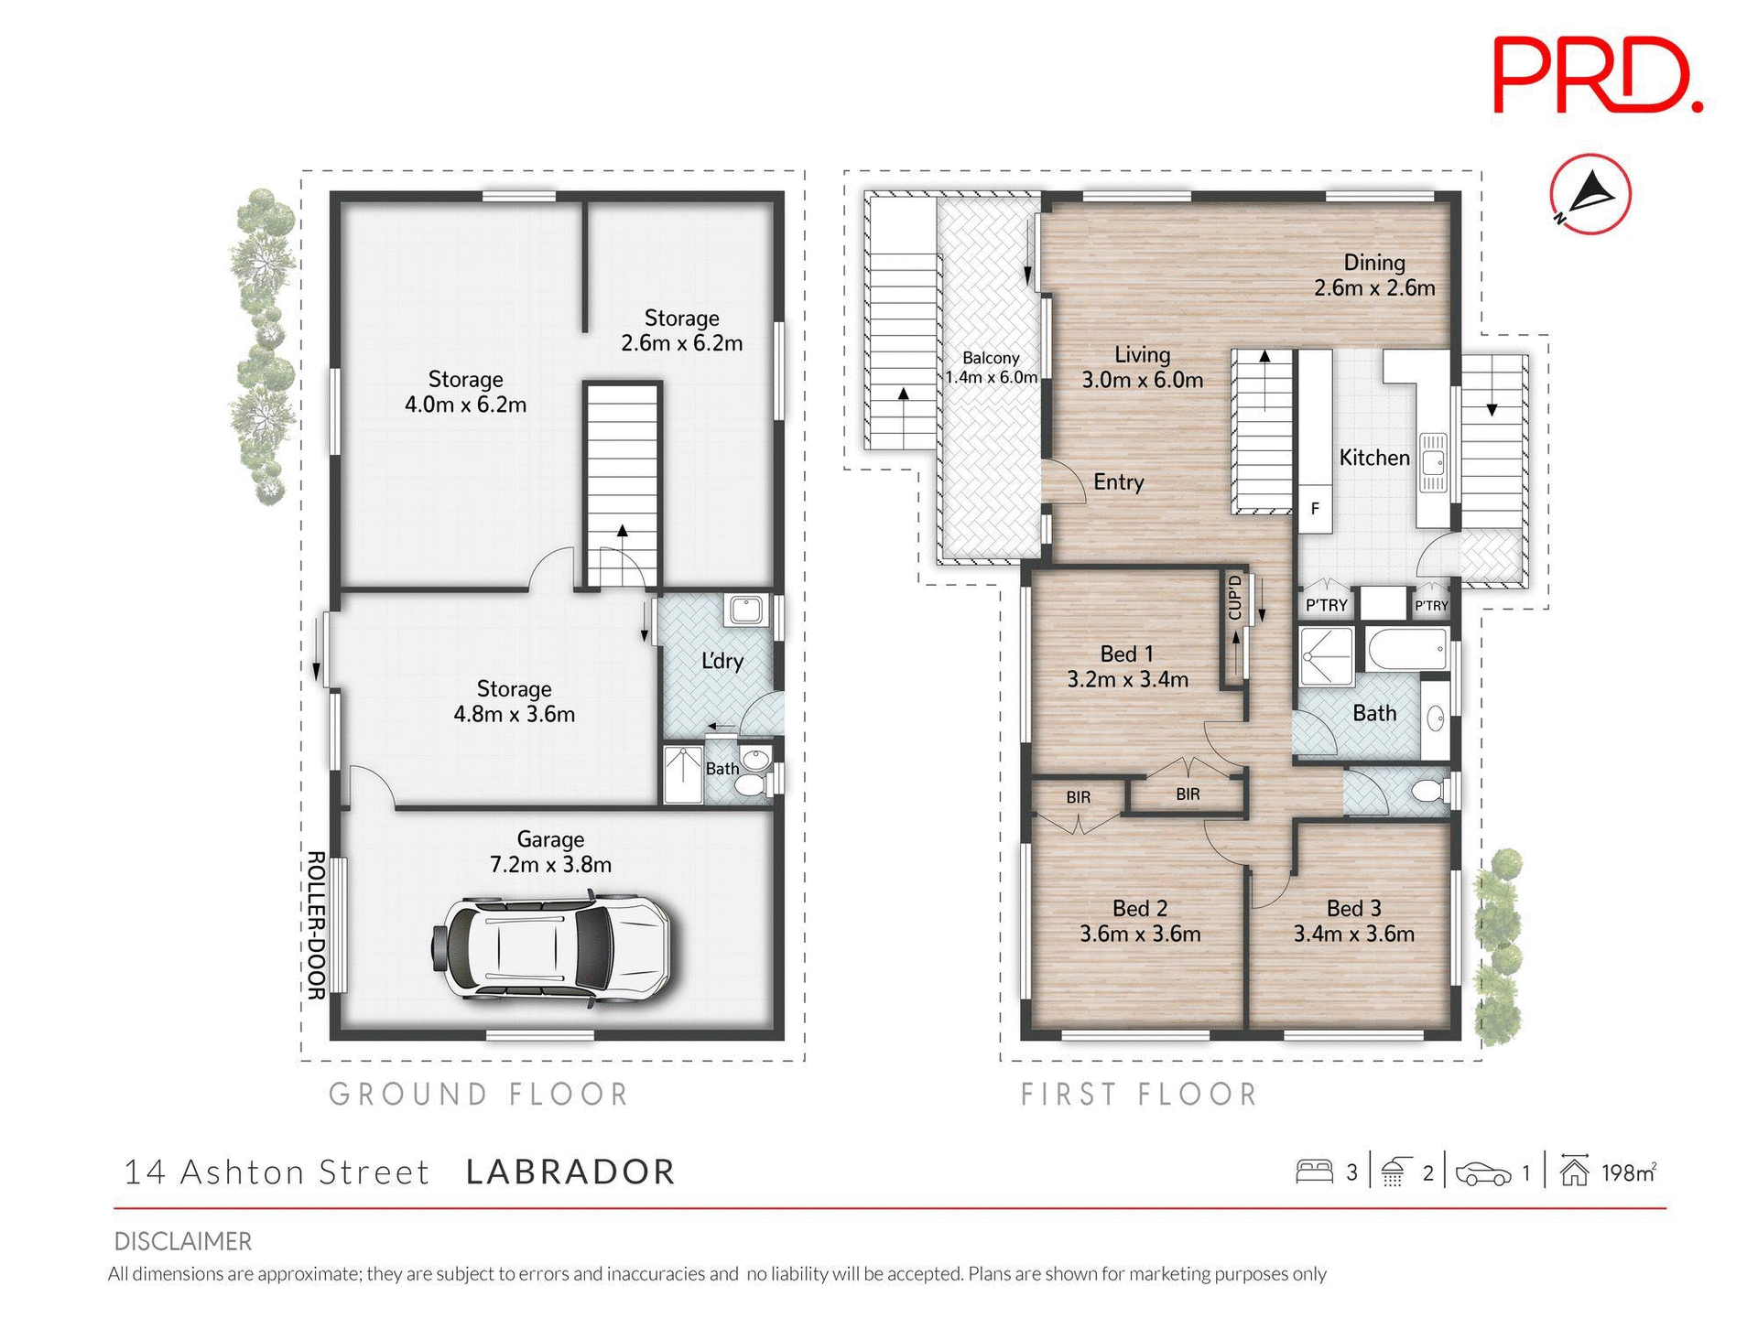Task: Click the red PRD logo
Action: point(1597,75)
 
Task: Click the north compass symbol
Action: point(1590,194)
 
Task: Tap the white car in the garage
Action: point(553,947)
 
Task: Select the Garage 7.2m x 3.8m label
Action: point(550,851)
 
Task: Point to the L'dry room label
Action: point(722,661)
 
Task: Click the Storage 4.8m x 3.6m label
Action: point(514,701)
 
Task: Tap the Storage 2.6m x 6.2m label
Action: point(681,330)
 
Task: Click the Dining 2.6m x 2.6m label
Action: point(1374,275)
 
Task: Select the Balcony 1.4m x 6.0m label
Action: point(991,367)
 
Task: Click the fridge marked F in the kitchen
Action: point(1315,508)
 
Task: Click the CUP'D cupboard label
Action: point(1235,597)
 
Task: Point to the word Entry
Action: point(1118,482)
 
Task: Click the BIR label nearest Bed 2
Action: point(1078,797)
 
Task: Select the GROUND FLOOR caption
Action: point(479,1094)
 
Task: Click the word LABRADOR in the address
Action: point(570,1172)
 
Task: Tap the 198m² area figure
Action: point(1628,1172)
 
